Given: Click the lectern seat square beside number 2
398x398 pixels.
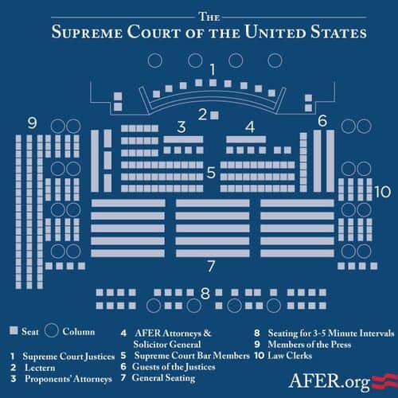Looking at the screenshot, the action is coord(214,115).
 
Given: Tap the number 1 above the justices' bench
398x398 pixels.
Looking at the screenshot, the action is coord(213,70).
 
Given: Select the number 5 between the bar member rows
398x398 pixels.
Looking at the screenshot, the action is coord(211,173).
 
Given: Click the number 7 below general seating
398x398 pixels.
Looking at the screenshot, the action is coord(211,266).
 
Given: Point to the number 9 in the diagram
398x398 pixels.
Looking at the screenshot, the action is coord(32,123).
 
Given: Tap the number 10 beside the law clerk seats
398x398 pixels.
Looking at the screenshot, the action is coord(383,192).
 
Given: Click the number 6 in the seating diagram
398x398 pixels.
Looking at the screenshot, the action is coord(322,121).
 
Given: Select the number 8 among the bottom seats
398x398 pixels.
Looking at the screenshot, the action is coord(205,293).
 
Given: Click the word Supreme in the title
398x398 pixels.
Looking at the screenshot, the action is coord(87,32).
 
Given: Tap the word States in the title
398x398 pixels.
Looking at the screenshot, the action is coord(338,32).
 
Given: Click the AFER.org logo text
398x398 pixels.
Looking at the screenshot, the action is coord(330,381).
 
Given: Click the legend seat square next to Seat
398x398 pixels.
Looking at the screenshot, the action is coord(14,330).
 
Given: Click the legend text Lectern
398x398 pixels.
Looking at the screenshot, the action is coord(40,368).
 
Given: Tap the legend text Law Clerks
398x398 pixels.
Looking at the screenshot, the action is coord(290,356).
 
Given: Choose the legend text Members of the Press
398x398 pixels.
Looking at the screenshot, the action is coord(310,345).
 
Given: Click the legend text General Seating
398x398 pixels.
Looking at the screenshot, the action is coord(164,378).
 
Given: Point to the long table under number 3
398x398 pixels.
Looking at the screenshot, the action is coord(183,139).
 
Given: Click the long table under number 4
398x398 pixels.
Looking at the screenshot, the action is coord(246,139).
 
